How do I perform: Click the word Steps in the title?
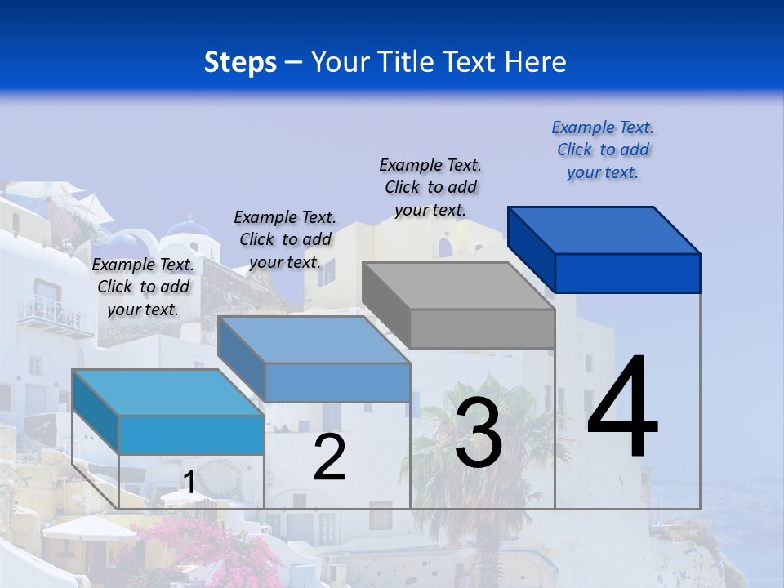(x=240, y=62)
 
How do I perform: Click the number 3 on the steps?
(x=479, y=434)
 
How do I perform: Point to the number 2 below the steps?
(x=329, y=457)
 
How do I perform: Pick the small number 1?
(x=189, y=482)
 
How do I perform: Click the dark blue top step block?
(x=604, y=249)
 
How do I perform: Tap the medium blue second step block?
(x=314, y=359)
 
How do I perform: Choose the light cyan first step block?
(x=168, y=412)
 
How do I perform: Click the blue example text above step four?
(x=603, y=150)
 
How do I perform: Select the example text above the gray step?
(x=430, y=187)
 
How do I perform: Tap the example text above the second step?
(x=285, y=239)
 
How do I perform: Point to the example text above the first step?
(x=143, y=287)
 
